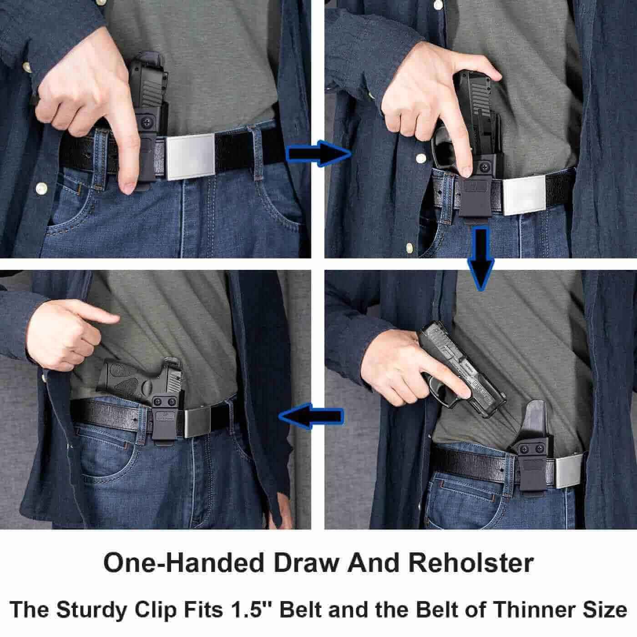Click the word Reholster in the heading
[x=470, y=563]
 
